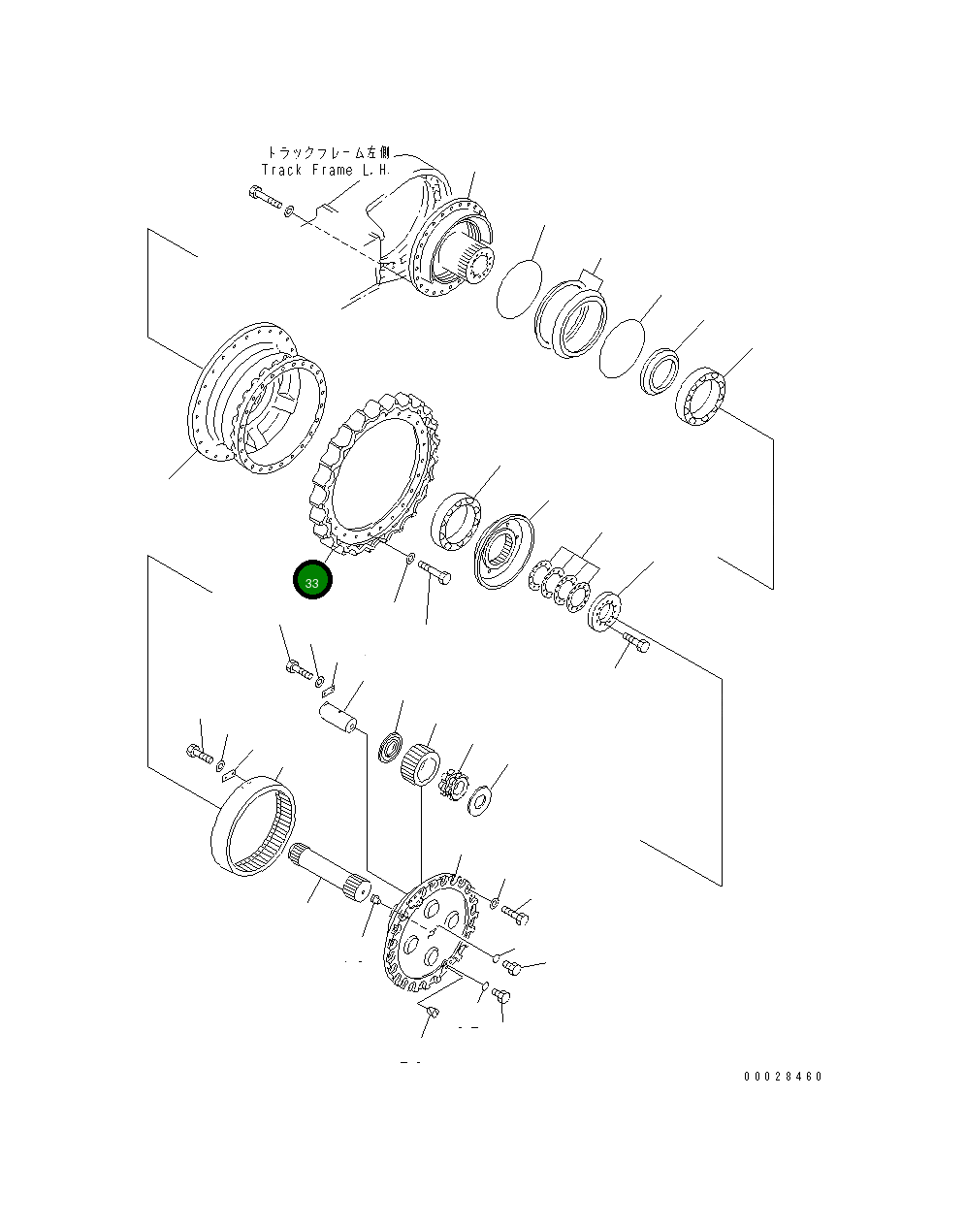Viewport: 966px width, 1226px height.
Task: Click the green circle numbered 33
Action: pyautogui.click(x=312, y=580)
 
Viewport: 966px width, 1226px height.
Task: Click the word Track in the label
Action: pyautogui.click(x=281, y=170)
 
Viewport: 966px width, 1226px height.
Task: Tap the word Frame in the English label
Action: pyautogui.click(x=332, y=170)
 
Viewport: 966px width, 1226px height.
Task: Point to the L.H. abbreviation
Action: pyautogui.click(x=376, y=170)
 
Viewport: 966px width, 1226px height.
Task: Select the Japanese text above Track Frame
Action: pyautogui.click(x=329, y=152)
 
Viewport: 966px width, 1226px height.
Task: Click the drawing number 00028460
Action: pyautogui.click(x=783, y=1077)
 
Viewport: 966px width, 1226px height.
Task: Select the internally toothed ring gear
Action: pyautogui.click(x=253, y=825)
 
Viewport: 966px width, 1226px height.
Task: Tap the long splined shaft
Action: pyautogui.click(x=329, y=875)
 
